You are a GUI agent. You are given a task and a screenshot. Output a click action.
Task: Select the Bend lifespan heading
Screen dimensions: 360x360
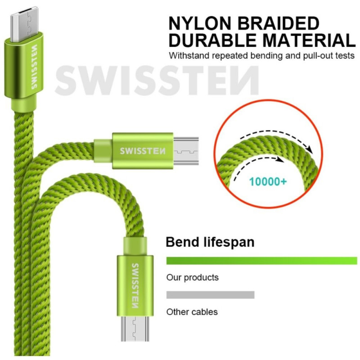tap(210, 242)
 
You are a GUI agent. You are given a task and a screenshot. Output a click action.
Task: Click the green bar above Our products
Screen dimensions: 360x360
tap(261, 261)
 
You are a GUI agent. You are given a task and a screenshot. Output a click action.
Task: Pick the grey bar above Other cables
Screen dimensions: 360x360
tap(210, 295)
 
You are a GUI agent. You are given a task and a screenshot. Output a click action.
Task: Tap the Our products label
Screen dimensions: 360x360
tap(192, 277)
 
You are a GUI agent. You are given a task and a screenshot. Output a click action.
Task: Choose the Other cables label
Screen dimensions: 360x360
tap(192, 311)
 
